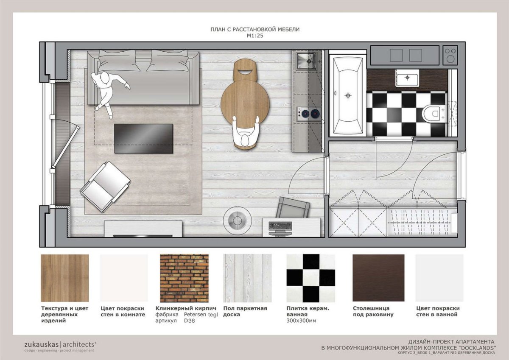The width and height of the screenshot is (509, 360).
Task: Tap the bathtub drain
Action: pos(348,96)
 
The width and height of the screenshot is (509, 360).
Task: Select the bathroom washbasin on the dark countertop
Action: pos(408,78)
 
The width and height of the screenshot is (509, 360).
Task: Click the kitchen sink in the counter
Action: pos(306,61)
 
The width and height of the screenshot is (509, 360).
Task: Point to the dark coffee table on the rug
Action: pos(143,139)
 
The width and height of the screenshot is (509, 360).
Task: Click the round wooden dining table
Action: pos(245,104)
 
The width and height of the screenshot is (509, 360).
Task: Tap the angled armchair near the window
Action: pos(105,187)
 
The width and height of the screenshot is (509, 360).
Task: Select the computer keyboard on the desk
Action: pos(280,226)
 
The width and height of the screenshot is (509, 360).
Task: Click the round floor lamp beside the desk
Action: pos(237,220)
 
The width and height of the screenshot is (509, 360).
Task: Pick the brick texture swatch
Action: pos(184,278)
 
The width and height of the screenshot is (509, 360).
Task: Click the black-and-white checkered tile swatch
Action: pos(310,278)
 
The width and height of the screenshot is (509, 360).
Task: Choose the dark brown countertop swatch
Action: pos(378,278)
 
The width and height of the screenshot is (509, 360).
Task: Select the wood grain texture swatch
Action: pos(65,278)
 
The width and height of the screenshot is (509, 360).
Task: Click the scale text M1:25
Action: pos(255,36)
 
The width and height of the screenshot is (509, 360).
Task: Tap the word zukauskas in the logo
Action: pos(42,344)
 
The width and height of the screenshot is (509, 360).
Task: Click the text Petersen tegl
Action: pos(201,315)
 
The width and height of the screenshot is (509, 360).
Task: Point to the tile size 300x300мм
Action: pos(301,321)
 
